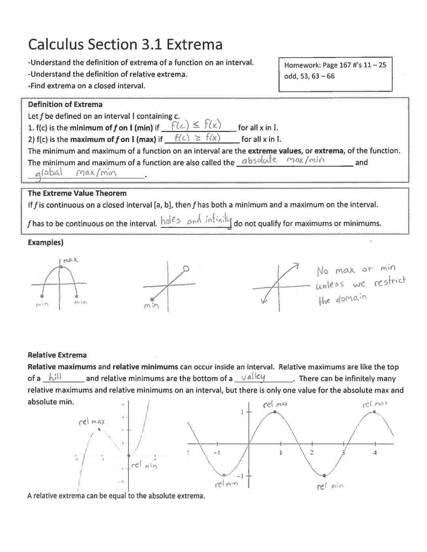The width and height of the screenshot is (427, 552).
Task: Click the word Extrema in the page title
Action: click(194, 44)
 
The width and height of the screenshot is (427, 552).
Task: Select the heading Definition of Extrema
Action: click(65, 105)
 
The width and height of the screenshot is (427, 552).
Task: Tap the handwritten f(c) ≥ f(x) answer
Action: click(197, 138)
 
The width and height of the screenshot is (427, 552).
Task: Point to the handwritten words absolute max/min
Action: click(283, 160)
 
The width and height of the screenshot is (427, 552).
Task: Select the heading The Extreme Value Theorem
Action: click(77, 193)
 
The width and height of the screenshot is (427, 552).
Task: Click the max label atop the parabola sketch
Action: click(70, 260)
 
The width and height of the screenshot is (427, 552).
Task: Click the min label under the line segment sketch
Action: click(151, 305)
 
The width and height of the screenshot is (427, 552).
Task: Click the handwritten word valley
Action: click(253, 377)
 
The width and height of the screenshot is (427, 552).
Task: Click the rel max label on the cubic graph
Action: click(92, 422)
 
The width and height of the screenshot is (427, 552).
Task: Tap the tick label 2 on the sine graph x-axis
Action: click(312, 452)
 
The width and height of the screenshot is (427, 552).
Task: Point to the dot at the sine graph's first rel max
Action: click(276, 412)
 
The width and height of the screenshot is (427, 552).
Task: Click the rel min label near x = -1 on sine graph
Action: click(226, 484)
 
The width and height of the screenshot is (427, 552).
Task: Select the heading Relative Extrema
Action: click(57, 355)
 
